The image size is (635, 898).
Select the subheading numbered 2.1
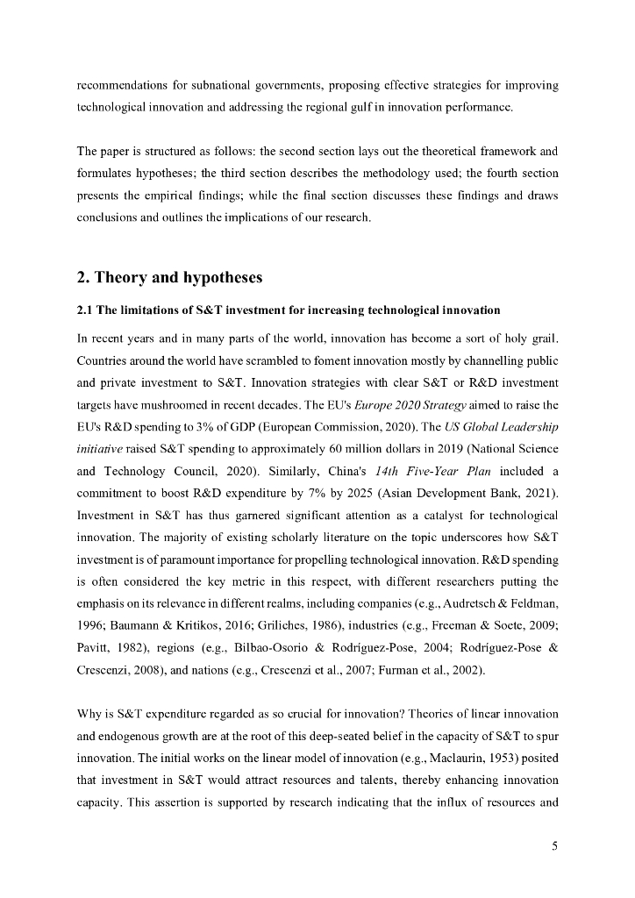[289, 310]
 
